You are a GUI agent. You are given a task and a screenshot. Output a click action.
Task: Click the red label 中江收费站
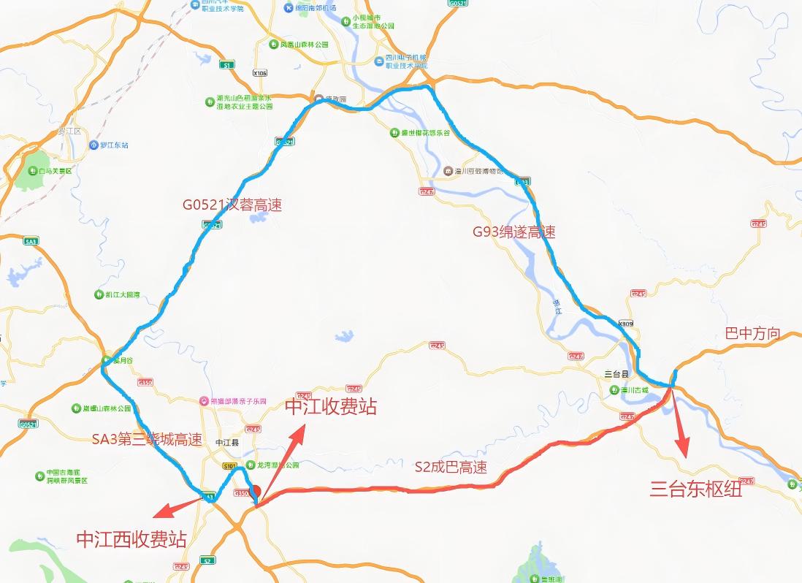click(x=330, y=407)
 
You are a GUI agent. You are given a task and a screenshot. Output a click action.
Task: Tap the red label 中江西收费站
click(x=131, y=539)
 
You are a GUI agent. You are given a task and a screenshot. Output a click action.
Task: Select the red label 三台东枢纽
click(x=695, y=489)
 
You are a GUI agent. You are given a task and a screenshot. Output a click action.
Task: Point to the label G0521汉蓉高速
click(x=232, y=205)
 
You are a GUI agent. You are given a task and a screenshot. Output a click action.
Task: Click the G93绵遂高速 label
click(x=513, y=232)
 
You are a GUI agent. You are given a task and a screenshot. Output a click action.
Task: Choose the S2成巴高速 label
click(x=450, y=468)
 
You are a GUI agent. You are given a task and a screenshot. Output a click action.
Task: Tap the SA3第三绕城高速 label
click(x=147, y=440)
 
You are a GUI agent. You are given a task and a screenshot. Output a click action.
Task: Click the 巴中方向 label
click(x=752, y=334)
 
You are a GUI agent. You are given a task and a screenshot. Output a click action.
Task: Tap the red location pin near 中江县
click(x=256, y=491)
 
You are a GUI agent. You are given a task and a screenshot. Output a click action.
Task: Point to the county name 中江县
click(x=228, y=443)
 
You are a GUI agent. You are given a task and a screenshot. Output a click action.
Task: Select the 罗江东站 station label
click(x=113, y=145)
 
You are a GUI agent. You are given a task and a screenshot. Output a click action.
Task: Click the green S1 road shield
click(x=229, y=65)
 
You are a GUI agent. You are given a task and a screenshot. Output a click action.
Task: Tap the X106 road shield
click(x=260, y=73)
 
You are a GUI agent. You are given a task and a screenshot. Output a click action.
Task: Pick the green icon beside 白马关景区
click(x=34, y=171)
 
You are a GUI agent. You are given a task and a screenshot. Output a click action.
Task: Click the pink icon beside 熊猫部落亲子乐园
click(x=204, y=400)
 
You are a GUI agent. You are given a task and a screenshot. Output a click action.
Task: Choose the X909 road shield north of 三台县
click(x=625, y=323)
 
